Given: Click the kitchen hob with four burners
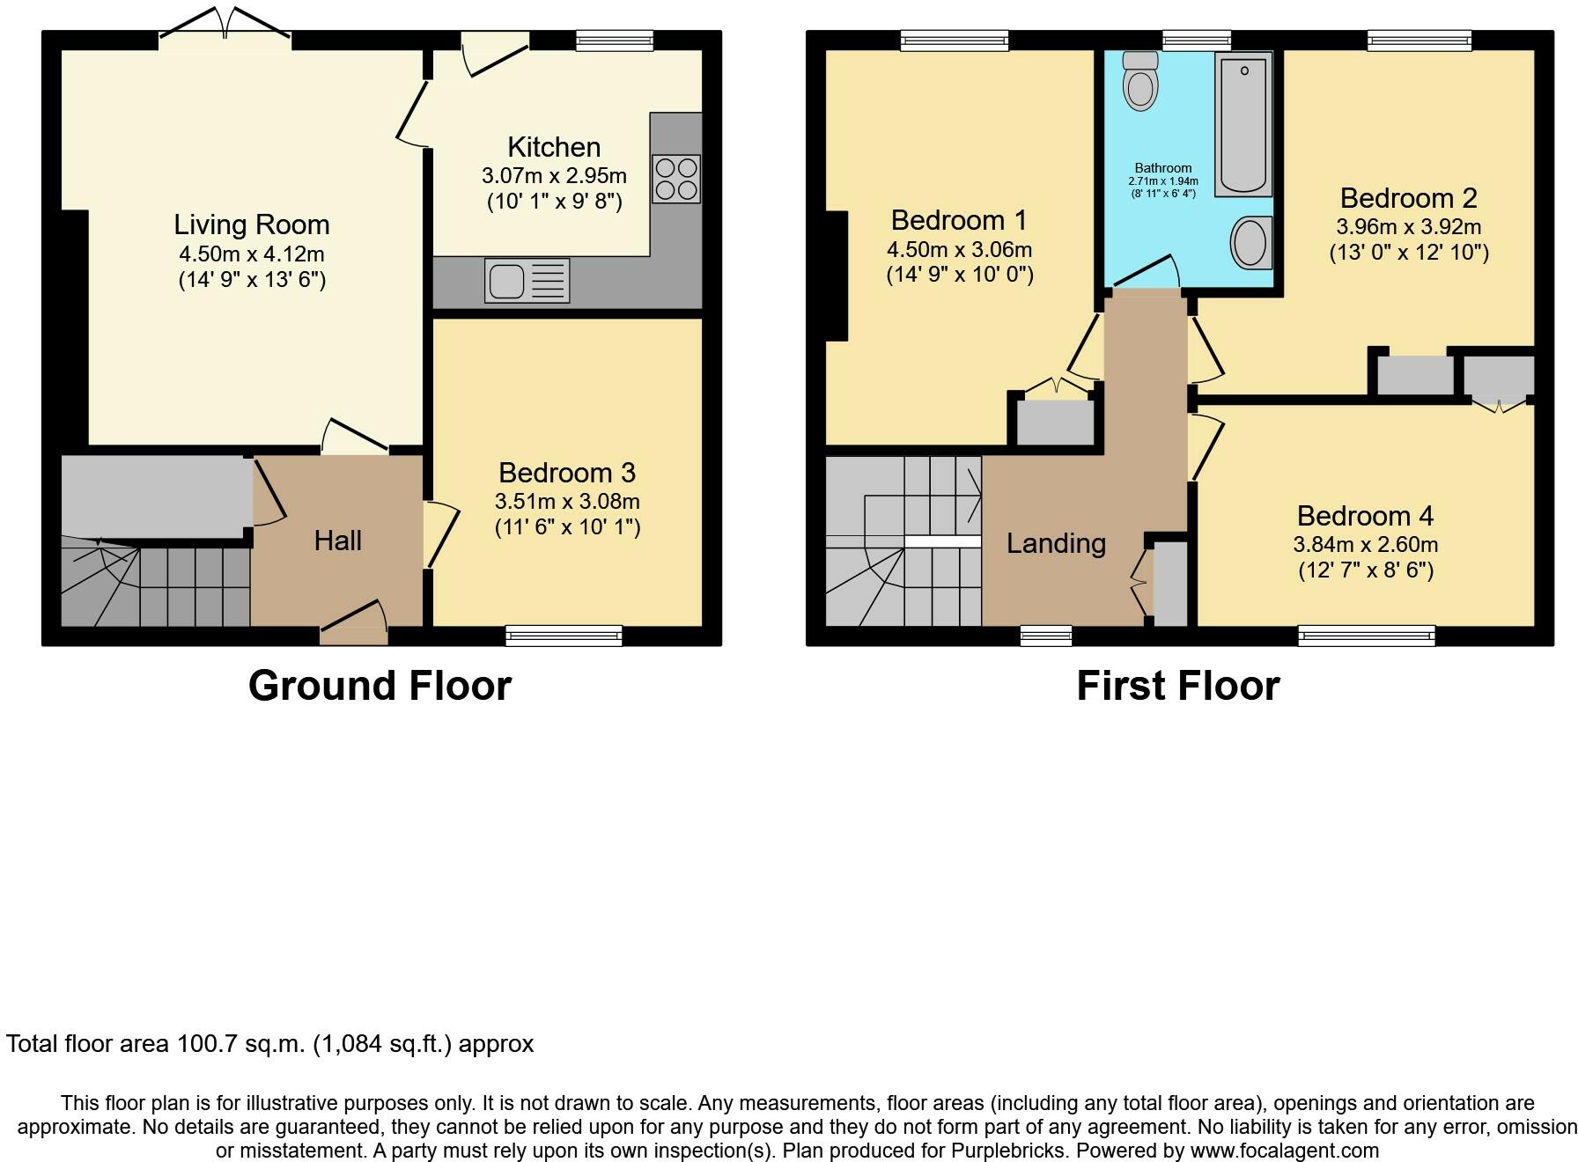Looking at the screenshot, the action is coord(676,179).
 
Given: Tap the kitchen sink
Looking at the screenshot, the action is coord(527,281).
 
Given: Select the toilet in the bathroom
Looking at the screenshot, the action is coord(1141,80).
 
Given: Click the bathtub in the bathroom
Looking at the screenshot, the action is coord(1243,124).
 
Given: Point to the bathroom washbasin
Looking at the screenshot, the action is coord(1250,242).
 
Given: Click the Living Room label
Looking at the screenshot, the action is coord(252,224).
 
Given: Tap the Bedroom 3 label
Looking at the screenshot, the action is coord(567,473).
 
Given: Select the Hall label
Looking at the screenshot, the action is coord(338,541).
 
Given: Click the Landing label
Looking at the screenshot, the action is coord(1056,543).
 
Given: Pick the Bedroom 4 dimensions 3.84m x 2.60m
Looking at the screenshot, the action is coord(1366,545).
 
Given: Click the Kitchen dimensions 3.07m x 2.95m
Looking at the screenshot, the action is coord(554,175).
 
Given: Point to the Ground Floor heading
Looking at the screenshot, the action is coord(380,685).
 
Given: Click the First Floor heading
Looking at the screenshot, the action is coord(1178,685).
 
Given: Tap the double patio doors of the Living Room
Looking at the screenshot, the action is coord(225,24).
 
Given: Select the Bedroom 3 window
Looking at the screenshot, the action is coord(564,636).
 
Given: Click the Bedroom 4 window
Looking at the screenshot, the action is coord(1367,636).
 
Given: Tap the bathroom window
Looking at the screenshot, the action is coord(1197,40).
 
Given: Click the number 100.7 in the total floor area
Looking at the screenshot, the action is coord(207,1044).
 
